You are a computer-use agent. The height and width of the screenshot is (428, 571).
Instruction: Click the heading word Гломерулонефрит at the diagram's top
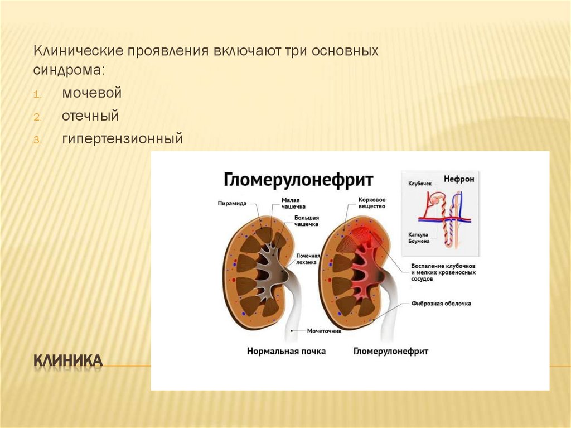click(x=298, y=180)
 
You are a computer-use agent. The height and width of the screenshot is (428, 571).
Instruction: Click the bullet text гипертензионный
click(x=122, y=138)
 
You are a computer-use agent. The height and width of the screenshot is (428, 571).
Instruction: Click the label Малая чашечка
click(x=293, y=203)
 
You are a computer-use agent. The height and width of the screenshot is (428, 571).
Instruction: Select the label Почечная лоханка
click(x=307, y=258)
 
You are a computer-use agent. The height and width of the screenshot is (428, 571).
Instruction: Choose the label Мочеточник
click(x=324, y=330)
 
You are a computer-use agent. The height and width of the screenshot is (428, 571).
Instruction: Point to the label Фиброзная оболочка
click(x=441, y=304)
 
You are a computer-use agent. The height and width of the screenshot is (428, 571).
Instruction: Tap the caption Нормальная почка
click(x=286, y=352)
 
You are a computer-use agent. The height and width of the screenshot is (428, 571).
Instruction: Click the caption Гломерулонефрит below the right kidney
click(x=390, y=352)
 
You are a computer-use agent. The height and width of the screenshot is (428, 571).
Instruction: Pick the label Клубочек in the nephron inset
click(x=420, y=184)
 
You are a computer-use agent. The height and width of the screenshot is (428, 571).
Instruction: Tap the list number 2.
click(x=36, y=117)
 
